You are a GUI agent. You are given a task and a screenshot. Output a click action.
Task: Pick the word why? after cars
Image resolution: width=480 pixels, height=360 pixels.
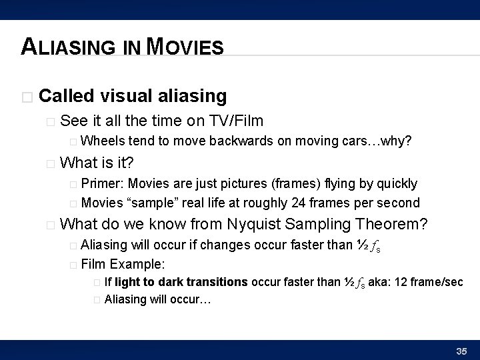coord(397,141)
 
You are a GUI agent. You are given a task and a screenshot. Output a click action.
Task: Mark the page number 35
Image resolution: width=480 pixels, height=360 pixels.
coord(461,351)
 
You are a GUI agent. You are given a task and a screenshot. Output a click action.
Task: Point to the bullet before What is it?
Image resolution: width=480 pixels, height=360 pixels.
coord(51,163)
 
